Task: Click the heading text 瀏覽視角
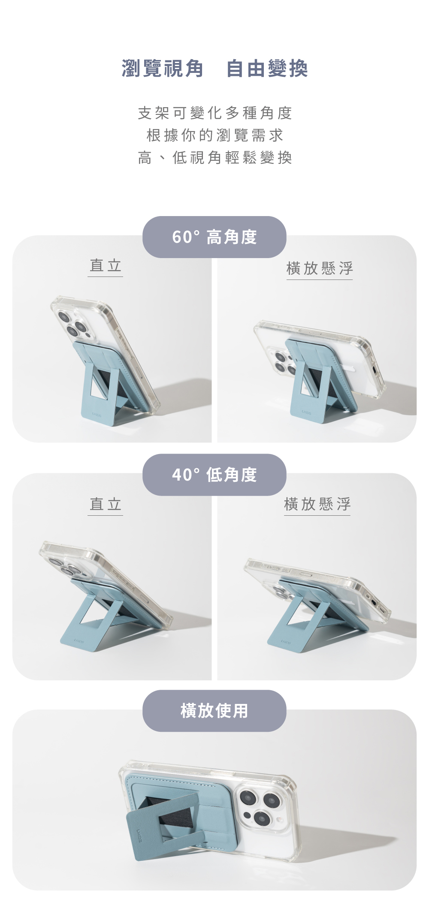[x=162, y=68]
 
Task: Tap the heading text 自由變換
[x=267, y=68]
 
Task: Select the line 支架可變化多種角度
[x=214, y=113]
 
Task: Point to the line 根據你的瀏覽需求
[x=214, y=135]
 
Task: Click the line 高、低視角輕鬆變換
[x=214, y=158]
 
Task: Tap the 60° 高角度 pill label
[x=214, y=237]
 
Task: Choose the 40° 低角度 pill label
[x=214, y=475]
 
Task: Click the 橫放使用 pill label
[x=214, y=711]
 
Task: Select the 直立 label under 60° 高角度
[x=106, y=265]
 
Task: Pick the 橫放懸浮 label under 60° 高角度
[x=320, y=268]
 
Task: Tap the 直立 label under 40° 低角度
[x=106, y=504]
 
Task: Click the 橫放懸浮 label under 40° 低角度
[x=317, y=504]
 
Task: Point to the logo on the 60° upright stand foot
[x=97, y=415]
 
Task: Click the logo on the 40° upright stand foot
[x=79, y=642]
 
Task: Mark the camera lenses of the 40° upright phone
[x=63, y=566]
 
